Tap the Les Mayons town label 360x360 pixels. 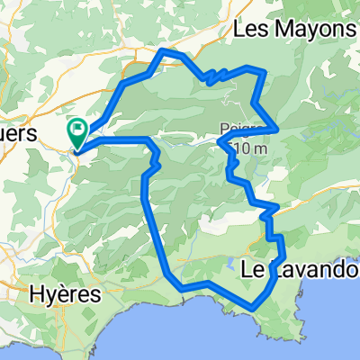click(x=293, y=31)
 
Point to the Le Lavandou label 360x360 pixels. click(x=301, y=267)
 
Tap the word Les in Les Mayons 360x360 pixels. click(x=249, y=30)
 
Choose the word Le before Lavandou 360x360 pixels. click(x=253, y=267)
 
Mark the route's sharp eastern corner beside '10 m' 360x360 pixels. click(x=275, y=130)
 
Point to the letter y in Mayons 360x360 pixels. click(x=306, y=33)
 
